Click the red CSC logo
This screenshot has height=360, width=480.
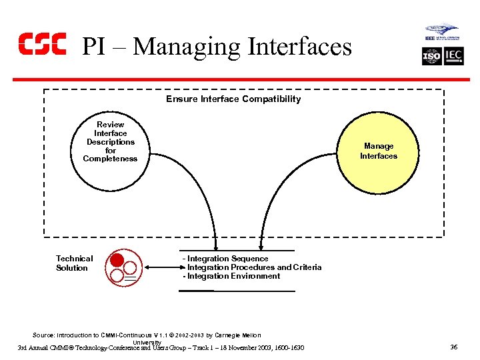pos(42,44)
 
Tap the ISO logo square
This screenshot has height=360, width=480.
pos(432,57)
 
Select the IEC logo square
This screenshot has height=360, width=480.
pos(453,57)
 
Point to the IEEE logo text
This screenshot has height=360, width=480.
pos(431,38)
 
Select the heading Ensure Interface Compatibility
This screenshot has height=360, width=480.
pos(233,99)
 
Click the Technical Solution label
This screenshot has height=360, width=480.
pos(74,263)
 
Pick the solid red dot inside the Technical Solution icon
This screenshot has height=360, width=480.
pos(117,261)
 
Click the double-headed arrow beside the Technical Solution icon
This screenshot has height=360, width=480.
pos(160,267)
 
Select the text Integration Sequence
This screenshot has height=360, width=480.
pos(227,259)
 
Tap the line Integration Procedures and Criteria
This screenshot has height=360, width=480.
pos(253,267)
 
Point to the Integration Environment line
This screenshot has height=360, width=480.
pos(233,276)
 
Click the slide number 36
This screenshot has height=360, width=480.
pos(453,347)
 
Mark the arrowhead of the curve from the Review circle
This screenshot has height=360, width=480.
pos(215,246)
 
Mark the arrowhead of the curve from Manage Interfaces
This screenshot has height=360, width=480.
pos(258,246)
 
